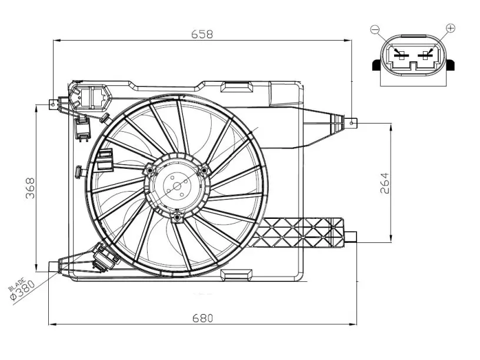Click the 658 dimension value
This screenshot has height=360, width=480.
coord(202,34)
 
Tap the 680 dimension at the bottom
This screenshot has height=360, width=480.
coord(202,318)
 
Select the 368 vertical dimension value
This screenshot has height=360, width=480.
coord(31,188)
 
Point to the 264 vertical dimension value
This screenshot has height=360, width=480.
coord(385,183)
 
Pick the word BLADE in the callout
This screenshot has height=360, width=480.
coord(16,284)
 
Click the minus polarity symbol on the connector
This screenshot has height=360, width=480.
coord(375,29)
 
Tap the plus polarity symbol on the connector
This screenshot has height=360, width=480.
coord(451,28)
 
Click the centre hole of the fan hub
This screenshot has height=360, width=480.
coord(177,186)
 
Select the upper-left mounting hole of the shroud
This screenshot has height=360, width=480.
coord(53,104)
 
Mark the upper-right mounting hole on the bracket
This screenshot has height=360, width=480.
coord(352,123)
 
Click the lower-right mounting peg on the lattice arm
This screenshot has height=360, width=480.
coord(351,236)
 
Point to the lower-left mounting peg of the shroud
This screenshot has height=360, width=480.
coord(54,266)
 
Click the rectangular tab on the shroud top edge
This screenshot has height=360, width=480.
coord(236,86)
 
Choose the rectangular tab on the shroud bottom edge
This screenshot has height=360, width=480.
coord(236,275)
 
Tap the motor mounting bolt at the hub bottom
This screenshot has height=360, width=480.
coord(176,218)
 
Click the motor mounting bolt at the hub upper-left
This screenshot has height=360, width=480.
coord(149,170)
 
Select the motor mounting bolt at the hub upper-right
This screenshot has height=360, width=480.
coord(204,170)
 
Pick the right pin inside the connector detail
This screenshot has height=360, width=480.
coord(425,55)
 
